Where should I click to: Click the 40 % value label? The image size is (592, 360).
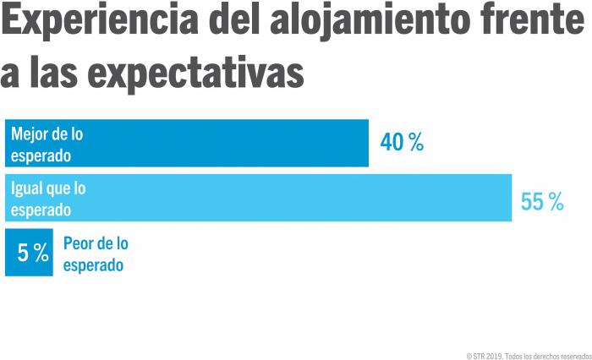point(402,143)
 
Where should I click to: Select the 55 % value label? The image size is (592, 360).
point(542,201)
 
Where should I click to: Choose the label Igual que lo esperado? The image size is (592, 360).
point(48,199)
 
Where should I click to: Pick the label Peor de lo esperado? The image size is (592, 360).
point(95,254)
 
